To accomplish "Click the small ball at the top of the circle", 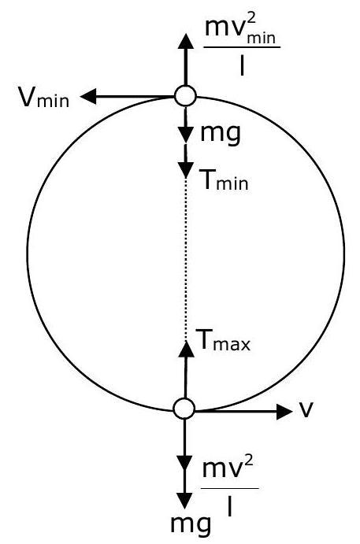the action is (x=185, y=96).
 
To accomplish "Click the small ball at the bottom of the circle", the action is (x=184, y=409).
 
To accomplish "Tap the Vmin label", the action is (x=44, y=98).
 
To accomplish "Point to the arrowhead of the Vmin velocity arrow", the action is (x=88, y=96).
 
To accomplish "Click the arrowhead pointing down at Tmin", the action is (x=186, y=169).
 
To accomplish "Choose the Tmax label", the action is (x=223, y=341).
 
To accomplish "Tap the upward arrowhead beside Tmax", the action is (x=186, y=349).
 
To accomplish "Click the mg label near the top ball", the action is (x=221, y=133).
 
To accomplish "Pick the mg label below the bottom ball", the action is (x=191, y=524).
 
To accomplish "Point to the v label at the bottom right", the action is (x=306, y=409).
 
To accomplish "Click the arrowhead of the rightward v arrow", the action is (x=284, y=412).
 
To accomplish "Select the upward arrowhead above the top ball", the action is (x=186, y=43).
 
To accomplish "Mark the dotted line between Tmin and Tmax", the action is (x=186, y=259).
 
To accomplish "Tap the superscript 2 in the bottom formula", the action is (x=248, y=461).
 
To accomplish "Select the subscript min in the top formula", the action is (x=261, y=39).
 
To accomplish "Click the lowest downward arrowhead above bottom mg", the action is (x=184, y=500).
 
